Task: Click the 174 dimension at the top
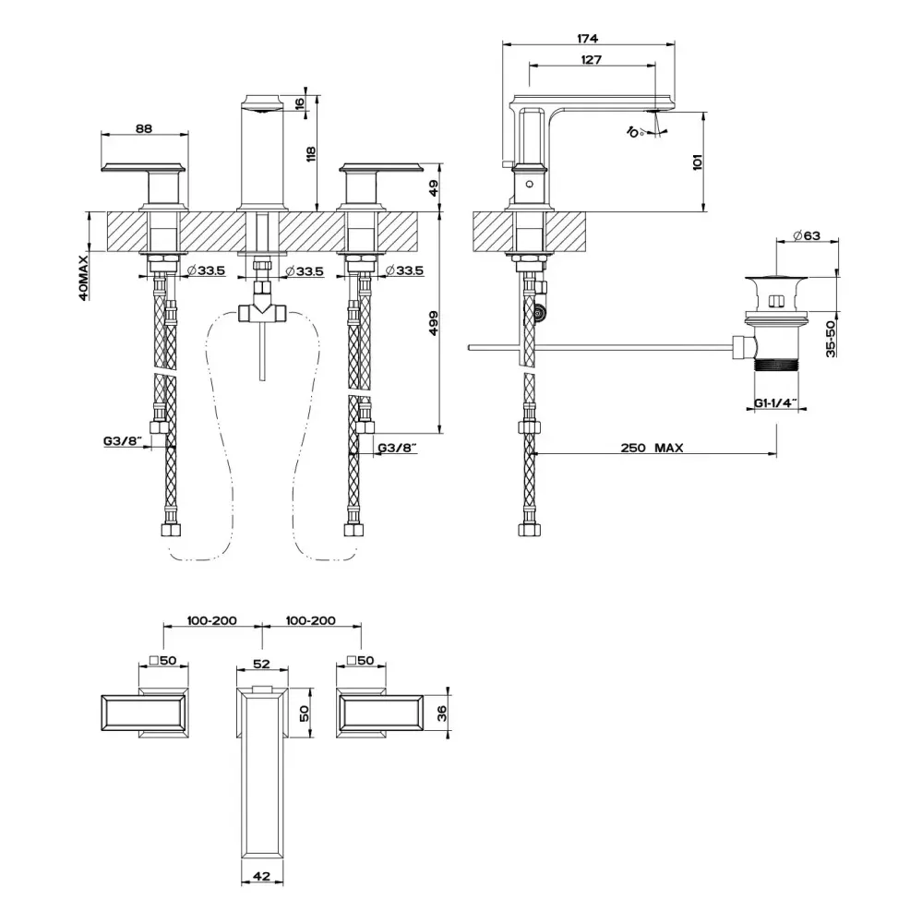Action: tap(587, 38)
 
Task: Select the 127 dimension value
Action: tap(591, 59)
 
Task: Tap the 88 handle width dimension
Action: tap(144, 128)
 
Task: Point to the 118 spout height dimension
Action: tap(311, 154)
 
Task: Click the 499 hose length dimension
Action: tap(434, 323)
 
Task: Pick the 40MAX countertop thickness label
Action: tap(84, 278)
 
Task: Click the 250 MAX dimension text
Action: tap(652, 448)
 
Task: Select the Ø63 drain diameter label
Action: tap(807, 235)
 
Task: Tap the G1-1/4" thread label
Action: tap(776, 403)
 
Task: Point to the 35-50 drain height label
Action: tap(831, 339)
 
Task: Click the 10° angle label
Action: tap(634, 131)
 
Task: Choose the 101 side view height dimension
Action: tap(698, 162)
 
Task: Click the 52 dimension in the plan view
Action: tap(261, 664)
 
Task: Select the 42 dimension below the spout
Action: tap(261, 876)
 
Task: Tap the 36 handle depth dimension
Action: tap(442, 713)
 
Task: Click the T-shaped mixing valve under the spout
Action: tap(262, 308)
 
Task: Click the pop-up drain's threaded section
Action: tap(776, 365)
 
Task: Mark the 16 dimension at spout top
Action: tap(299, 103)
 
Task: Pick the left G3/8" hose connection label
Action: tap(124, 440)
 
